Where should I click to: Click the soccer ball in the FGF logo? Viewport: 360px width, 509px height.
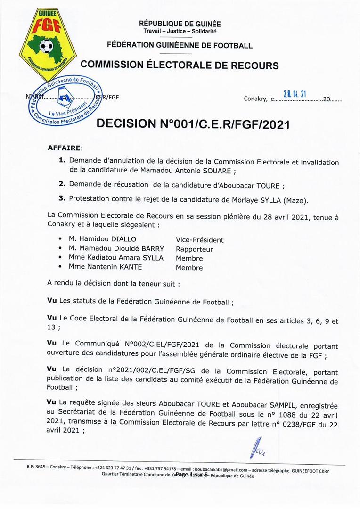click(x=46, y=46)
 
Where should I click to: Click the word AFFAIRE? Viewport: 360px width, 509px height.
click(x=65, y=148)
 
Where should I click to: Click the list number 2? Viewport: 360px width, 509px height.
click(x=62, y=185)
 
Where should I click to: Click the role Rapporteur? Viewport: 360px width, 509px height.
click(x=194, y=249)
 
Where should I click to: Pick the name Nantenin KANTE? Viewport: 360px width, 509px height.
click(x=109, y=267)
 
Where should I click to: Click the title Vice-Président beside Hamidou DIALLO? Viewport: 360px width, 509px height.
click(x=199, y=240)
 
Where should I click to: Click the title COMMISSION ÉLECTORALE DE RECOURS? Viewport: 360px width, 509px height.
click(x=180, y=65)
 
